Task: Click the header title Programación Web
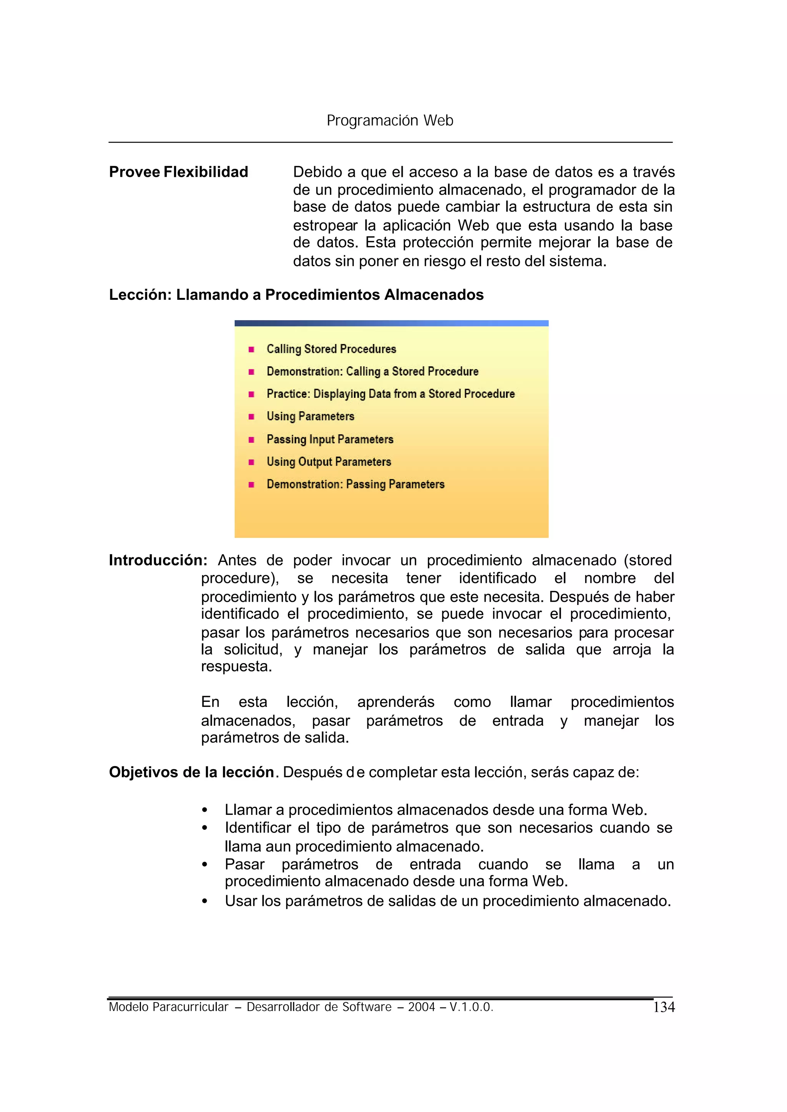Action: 390,120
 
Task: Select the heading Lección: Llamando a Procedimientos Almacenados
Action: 296,295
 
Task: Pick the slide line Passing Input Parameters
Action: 330,439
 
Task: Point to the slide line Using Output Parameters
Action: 329,462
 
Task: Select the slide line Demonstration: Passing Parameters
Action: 355,484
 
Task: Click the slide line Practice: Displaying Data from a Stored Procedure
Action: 390,394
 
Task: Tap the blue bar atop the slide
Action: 391,323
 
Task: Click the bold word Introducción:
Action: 158,560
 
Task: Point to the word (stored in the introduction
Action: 648,560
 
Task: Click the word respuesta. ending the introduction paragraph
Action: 236,667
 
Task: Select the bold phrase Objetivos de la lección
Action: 191,772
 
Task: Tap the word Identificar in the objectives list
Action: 258,828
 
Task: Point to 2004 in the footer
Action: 421,1007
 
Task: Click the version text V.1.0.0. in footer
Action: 471,1007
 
